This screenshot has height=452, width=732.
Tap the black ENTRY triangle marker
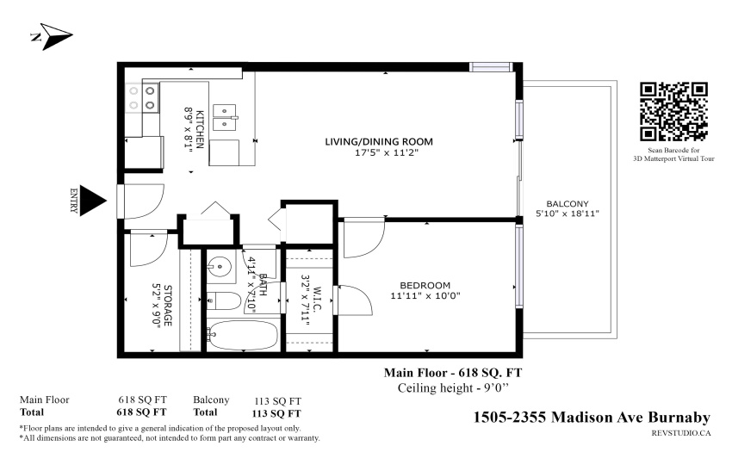[x=93, y=201]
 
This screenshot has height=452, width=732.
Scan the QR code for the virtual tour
[x=673, y=112]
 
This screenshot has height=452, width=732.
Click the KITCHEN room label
[x=199, y=129]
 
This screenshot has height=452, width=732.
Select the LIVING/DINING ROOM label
[x=379, y=141]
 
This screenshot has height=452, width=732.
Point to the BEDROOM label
[x=425, y=285]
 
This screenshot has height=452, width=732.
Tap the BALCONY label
[x=568, y=204]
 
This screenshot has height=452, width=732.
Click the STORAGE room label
[x=168, y=306]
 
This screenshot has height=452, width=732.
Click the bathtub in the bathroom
[x=243, y=335]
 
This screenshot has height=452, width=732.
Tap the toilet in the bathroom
[x=224, y=301]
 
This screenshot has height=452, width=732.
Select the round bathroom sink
[x=220, y=268]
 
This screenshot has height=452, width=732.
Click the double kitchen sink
[x=225, y=117]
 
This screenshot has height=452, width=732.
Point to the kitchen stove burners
[x=142, y=98]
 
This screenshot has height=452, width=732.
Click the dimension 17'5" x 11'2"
[x=386, y=152]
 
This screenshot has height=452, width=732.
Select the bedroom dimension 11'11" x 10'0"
[x=425, y=295]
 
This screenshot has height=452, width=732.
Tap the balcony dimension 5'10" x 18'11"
[x=568, y=214]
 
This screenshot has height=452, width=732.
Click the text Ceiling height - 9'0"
[x=453, y=388]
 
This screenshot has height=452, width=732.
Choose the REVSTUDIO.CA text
[x=681, y=433]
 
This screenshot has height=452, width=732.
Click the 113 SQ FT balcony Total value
[x=276, y=414]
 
